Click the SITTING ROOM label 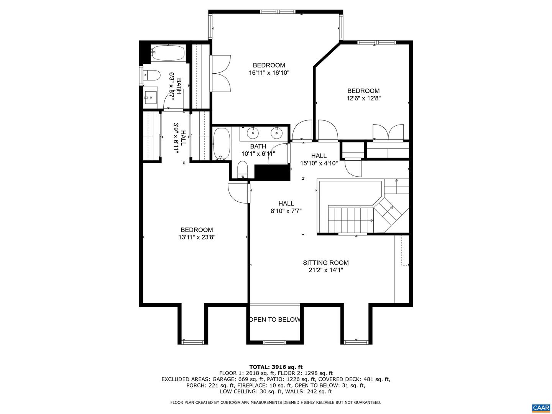click(x=325, y=263)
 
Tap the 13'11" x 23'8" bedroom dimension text click(x=197, y=237)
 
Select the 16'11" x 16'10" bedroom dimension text click(x=269, y=72)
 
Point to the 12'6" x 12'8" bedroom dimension click(x=363, y=98)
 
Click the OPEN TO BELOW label click(x=274, y=319)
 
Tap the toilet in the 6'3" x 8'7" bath click(x=151, y=76)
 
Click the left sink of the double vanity click(x=253, y=133)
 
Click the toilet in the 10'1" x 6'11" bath click(x=242, y=169)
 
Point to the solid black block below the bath click(x=272, y=172)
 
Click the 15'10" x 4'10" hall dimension click(x=319, y=163)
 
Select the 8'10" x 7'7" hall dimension click(x=286, y=211)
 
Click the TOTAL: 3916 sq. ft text click(x=276, y=367)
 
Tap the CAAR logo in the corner click(x=540, y=407)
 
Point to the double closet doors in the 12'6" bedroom click(x=388, y=132)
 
